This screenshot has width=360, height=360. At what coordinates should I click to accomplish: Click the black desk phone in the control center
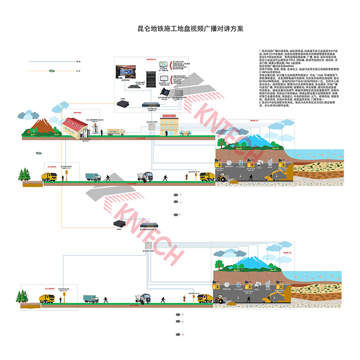coord(165,91)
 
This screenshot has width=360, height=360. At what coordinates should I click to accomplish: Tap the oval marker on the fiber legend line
coord(52,70)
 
